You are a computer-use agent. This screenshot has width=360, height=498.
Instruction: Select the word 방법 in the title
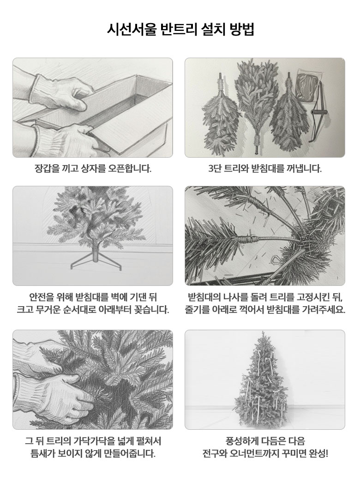point(242,30)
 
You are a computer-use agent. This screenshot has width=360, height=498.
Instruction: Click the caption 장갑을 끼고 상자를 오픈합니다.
point(93,168)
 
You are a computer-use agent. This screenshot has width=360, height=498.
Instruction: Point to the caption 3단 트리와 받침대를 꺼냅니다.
point(265,168)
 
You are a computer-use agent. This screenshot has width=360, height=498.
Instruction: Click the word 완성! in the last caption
point(318,453)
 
